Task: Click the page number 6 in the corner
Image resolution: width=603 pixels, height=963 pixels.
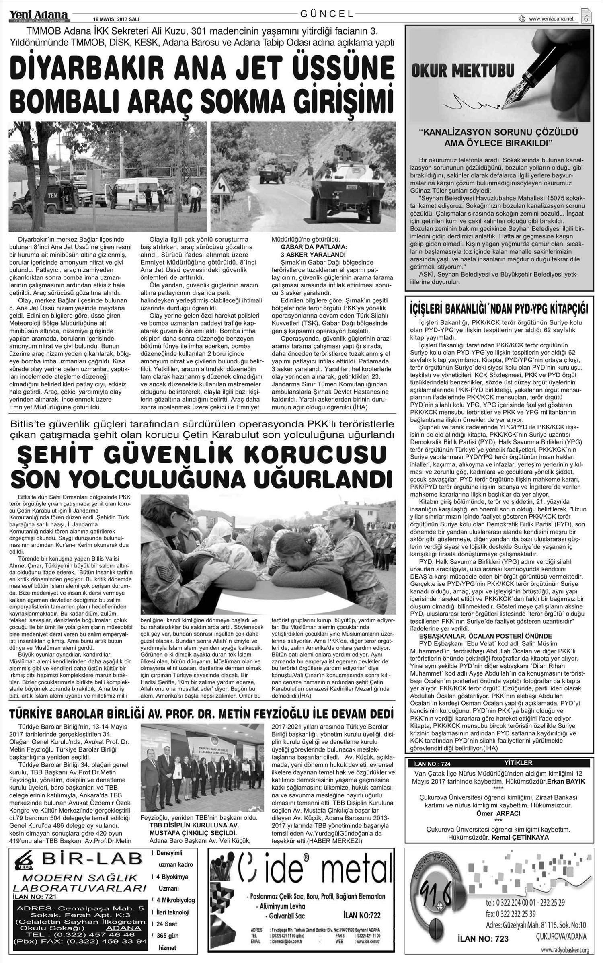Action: pyautogui.click(x=587, y=17)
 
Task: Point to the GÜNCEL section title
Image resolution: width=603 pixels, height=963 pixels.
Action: pyautogui.click(x=327, y=14)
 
